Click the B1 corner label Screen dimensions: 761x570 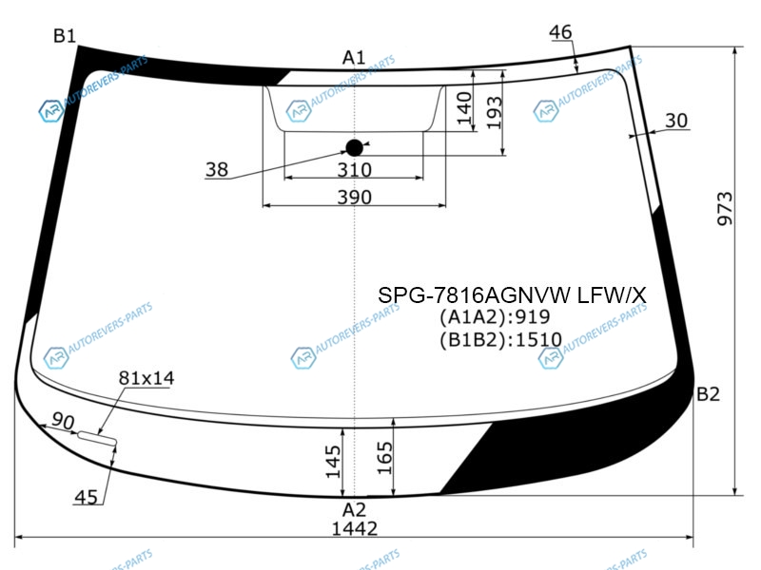pyautogui.click(x=65, y=36)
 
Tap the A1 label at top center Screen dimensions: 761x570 pyautogui.click(x=354, y=58)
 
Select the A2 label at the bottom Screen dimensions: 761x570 pyautogui.click(x=354, y=510)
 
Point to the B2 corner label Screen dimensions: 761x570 pyautogui.click(x=708, y=394)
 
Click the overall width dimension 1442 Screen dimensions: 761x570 pyautogui.click(x=354, y=529)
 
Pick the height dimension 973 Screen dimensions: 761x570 pyautogui.click(x=725, y=208)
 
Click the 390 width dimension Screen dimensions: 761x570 pyautogui.click(x=354, y=198)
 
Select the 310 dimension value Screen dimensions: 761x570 pyautogui.click(x=354, y=170)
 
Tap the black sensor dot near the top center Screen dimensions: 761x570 pyautogui.click(x=354, y=148)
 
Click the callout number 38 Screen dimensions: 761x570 pyautogui.click(x=217, y=170)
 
